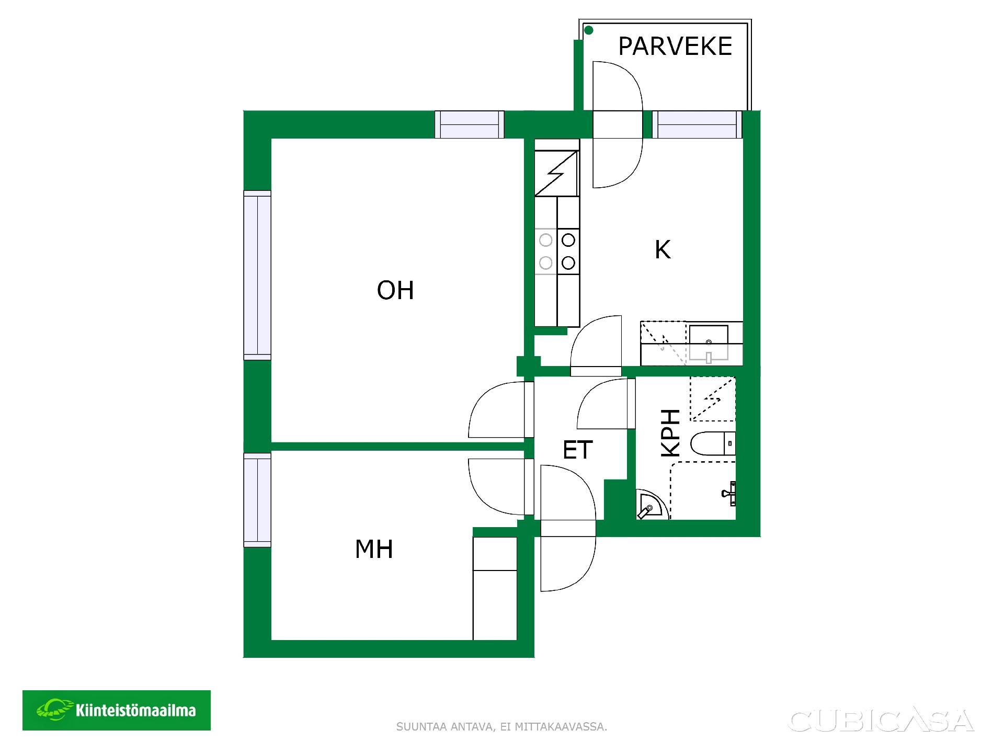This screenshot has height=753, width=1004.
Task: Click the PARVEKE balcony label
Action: pyautogui.click(x=675, y=46)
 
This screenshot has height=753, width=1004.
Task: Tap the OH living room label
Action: pyautogui.click(x=395, y=290)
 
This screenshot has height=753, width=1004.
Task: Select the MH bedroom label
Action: pyautogui.click(x=374, y=549)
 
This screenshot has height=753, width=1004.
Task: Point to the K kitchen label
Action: pyautogui.click(x=663, y=249)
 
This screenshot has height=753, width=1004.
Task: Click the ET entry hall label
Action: pyautogui.click(x=578, y=450)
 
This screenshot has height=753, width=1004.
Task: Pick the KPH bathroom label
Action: pyautogui.click(x=671, y=433)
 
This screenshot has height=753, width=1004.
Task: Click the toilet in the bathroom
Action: pyautogui.click(x=713, y=444)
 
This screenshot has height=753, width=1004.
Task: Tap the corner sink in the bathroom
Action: pyautogui.click(x=649, y=505)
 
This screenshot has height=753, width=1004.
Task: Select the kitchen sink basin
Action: pyautogui.click(x=709, y=343)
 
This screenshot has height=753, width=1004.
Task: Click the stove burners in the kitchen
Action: pyautogui.click(x=557, y=251)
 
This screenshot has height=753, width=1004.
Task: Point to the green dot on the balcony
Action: pyautogui.click(x=588, y=30)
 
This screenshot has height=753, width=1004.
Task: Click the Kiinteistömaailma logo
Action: pyautogui.click(x=117, y=710)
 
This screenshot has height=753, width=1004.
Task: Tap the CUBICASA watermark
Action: pyautogui.click(x=881, y=721)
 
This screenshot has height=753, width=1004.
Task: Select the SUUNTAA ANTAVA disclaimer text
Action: pyautogui.click(x=501, y=727)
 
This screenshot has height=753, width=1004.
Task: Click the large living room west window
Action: pyautogui.click(x=257, y=275)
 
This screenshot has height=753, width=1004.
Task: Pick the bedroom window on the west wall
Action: pyautogui.click(x=257, y=500)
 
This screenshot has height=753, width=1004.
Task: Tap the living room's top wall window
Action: pyautogui.click(x=470, y=124)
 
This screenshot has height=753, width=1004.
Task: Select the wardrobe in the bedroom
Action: pyautogui.click(x=495, y=588)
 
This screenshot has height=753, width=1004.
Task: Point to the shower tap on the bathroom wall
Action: pyautogui.click(x=730, y=493)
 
